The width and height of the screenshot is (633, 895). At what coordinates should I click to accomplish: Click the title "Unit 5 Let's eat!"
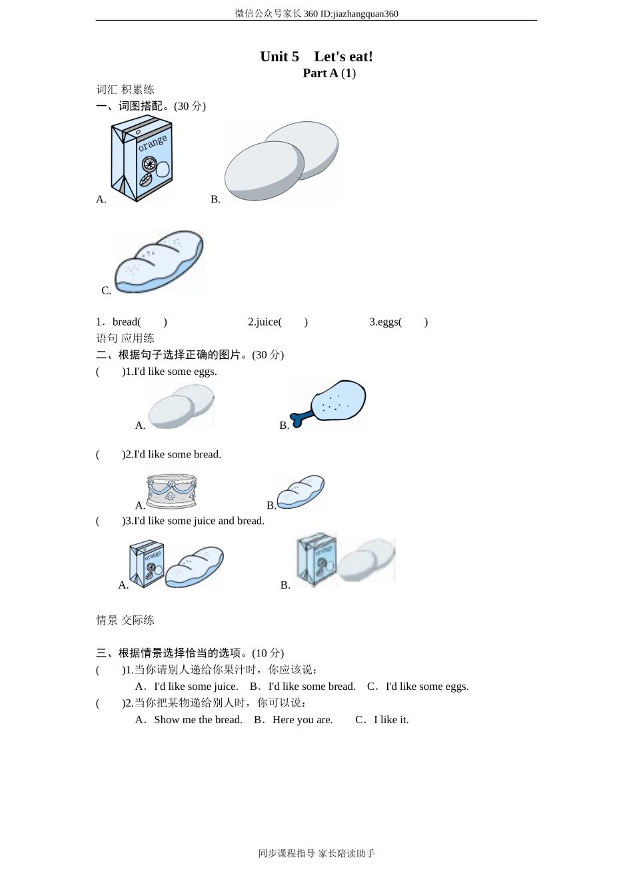coord(316,57)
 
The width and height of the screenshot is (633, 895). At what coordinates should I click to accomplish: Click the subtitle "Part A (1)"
coord(329,73)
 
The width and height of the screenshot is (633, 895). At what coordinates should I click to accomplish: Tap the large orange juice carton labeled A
coord(141,158)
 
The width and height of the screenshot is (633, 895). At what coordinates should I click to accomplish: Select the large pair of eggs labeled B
coord(281,160)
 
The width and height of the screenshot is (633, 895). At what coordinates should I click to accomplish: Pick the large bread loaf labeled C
coord(159,262)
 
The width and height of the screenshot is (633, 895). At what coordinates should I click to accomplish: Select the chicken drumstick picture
coord(328,404)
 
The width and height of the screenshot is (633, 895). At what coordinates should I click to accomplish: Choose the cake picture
coord(171,491)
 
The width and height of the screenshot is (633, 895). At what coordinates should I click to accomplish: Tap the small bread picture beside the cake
coord(301,492)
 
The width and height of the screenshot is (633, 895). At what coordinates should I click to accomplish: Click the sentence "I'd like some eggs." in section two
coord(175,372)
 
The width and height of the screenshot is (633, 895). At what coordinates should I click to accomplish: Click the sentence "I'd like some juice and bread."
coord(199,521)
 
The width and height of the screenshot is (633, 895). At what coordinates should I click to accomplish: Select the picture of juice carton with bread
coord(177,565)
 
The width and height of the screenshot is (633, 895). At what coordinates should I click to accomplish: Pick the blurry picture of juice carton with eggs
coord(345,560)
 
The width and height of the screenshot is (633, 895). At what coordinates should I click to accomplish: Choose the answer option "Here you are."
coord(303,720)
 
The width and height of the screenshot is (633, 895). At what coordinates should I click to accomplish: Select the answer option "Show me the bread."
coord(198,720)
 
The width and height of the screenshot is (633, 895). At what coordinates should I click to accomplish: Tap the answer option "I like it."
coord(391,720)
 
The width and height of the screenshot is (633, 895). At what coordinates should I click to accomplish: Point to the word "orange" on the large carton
coord(153,143)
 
